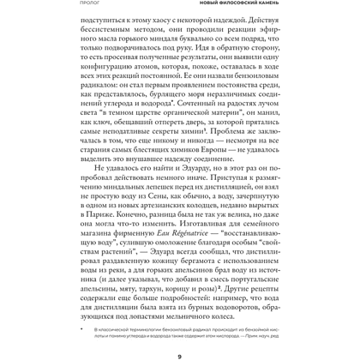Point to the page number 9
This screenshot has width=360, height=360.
pyautogui.click(x=179, y=347)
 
